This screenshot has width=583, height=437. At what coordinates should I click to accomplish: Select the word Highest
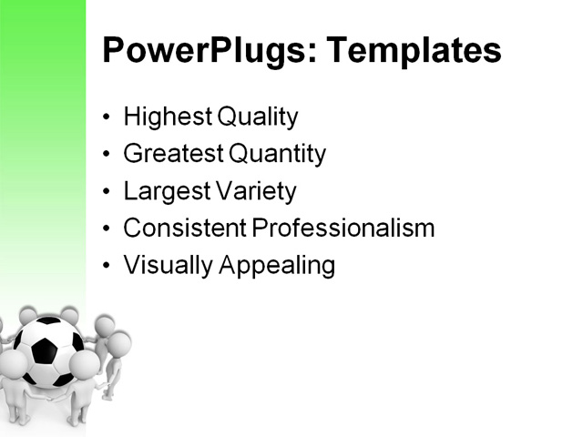coord(165,117)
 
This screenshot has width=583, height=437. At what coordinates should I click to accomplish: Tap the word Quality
coord(256,117)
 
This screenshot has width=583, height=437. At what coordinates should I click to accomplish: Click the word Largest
coord(161,192)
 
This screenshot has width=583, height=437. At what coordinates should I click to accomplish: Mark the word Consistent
coord(184,229)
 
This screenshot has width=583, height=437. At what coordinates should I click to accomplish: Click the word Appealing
coord(274,266)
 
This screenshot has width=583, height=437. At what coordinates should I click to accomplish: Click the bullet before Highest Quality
coord(108,118)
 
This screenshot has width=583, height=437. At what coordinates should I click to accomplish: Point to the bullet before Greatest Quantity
coord(108,156)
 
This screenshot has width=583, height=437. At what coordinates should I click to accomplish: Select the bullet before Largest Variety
coord(108,193)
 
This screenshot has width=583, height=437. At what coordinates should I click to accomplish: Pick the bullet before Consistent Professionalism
coord(108,229)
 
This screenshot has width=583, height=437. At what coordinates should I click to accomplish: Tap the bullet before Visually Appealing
coord(108,267)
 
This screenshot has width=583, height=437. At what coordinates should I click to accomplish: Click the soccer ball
coord(49,351)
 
